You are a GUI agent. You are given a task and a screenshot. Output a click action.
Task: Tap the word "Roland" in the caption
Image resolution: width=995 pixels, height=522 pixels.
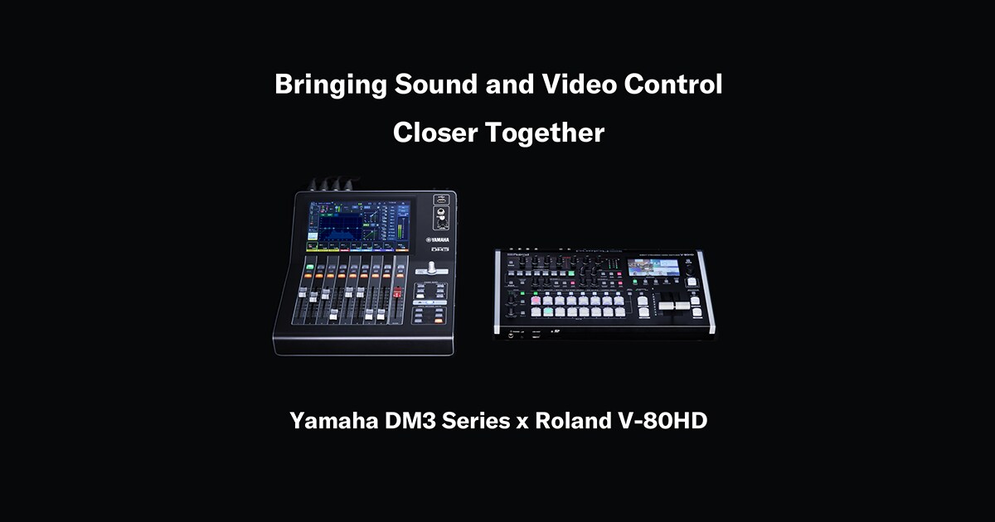[572, 420]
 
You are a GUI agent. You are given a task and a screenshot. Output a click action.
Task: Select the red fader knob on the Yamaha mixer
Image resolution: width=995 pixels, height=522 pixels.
[397, 292]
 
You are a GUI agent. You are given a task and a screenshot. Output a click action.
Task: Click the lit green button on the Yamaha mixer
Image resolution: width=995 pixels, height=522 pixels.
[308, 268]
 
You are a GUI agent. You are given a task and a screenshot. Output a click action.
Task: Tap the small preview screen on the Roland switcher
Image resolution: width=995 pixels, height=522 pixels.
[653, 268]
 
